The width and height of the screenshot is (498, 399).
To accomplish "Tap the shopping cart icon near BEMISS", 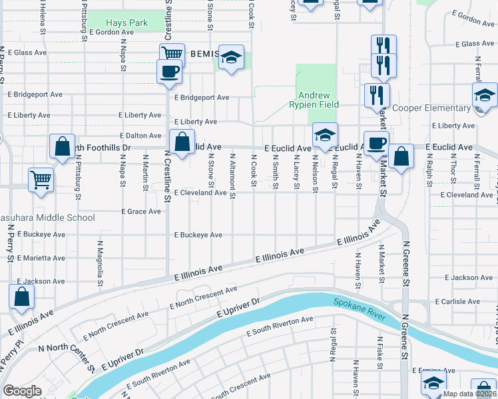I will tap(172, 55).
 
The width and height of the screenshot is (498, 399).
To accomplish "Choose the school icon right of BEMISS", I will tap(232, 58).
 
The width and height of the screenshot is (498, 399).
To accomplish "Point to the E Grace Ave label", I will tap(140, 211).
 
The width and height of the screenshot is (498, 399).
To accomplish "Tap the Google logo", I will tap(22, 390).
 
